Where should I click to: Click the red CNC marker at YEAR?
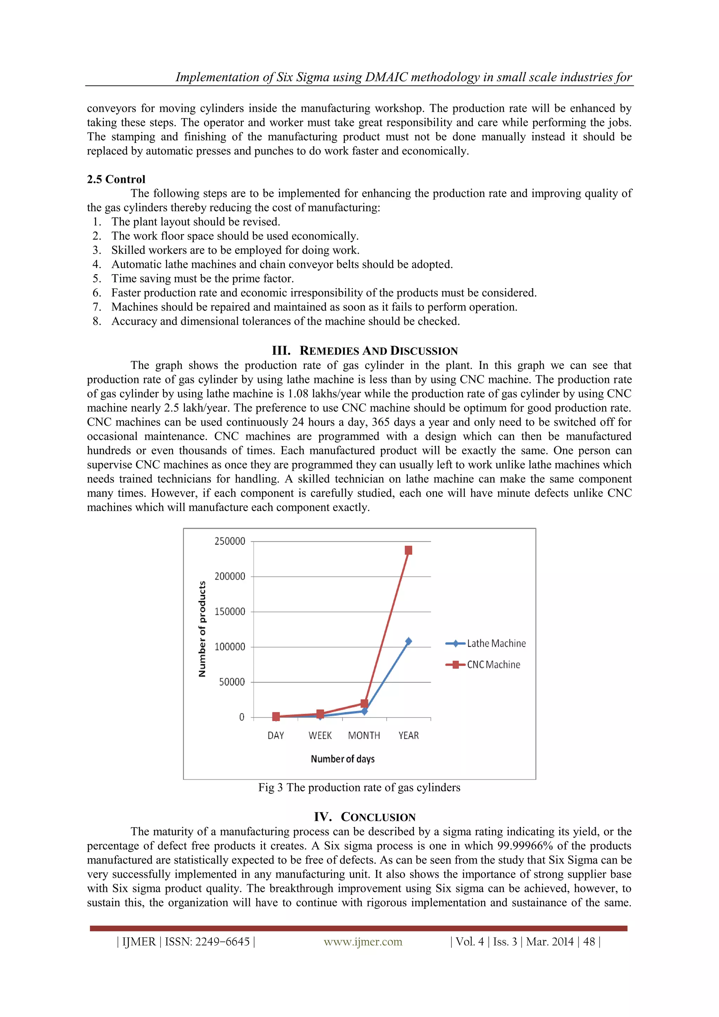(408, 550)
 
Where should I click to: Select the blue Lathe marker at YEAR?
(408, 641)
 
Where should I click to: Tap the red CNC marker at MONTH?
(364, 704)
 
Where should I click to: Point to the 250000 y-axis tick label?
(230, 541)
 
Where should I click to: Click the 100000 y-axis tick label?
(230, 647)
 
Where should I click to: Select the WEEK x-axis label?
(320, 736)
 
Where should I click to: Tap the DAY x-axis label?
(276, 736)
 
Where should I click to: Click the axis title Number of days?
(342, 759)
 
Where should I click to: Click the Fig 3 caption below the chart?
(359, 787)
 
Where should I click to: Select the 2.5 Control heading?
(116, 179)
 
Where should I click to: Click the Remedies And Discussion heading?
(365, 351)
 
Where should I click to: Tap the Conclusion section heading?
(365, 817)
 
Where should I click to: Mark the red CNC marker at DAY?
(276, 716)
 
